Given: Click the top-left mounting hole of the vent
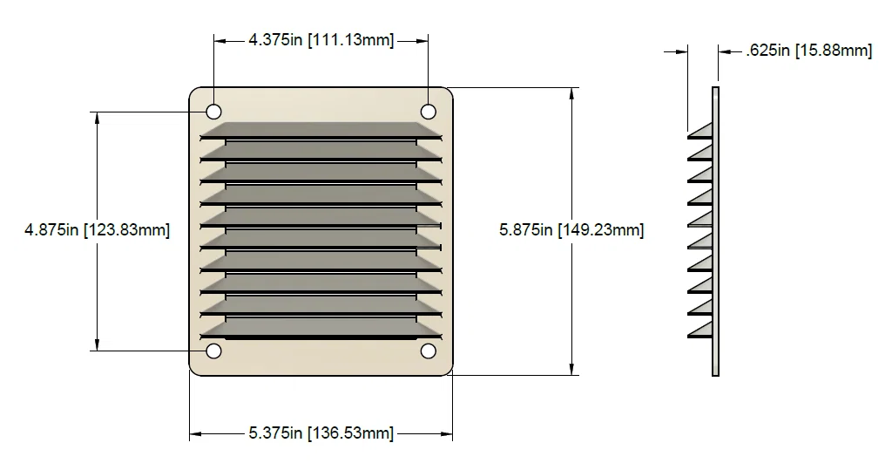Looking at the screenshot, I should (x=213, y=112).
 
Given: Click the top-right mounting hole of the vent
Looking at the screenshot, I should (x=428, y=112).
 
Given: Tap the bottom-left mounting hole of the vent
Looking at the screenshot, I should (x=213, y=351).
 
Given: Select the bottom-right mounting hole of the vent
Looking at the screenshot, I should (x=428, y=351).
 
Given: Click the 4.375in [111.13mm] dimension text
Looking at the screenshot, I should (x=321, y=40).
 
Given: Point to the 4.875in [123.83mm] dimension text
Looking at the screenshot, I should (x=97, y=230).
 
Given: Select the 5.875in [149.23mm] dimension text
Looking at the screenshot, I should (x=571, y=230).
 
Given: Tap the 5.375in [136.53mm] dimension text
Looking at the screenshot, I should (x=321, y=433).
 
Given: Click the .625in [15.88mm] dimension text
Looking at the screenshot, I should (x=809, y=51).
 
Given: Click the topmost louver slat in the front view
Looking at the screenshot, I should (x=321, y=130).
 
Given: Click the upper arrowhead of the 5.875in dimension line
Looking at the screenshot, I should (x=571, y=93).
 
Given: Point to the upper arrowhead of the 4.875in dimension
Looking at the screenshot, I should (x=97, y=118).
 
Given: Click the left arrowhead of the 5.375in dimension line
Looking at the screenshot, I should (x=196, y=433).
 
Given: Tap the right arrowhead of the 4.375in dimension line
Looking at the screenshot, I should (x=422, y=40).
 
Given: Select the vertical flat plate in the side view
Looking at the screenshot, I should (x=715, y=231).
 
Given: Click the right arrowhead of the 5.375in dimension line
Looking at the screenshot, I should (x=446, y=433).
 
